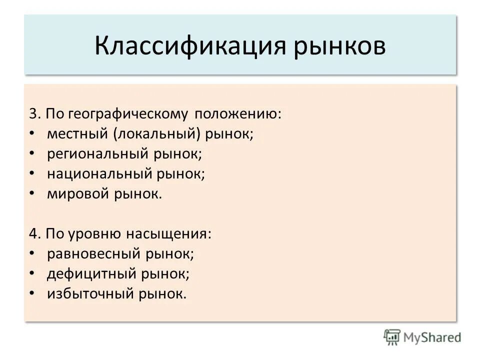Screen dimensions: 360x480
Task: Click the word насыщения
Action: (x=169, y=234)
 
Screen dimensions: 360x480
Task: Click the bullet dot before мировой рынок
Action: (x=32, y=194)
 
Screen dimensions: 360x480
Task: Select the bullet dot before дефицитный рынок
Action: (x=32, y=274)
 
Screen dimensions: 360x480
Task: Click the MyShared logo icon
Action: (x=392, y=337)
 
